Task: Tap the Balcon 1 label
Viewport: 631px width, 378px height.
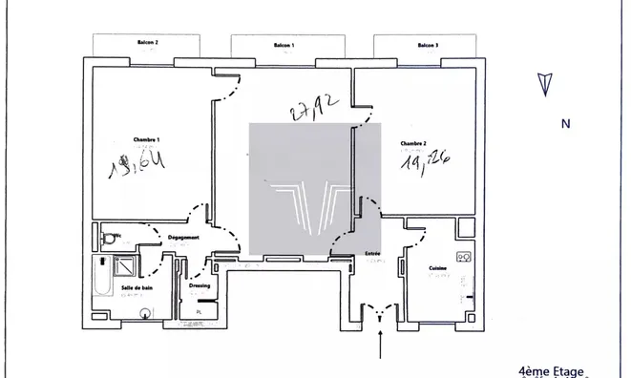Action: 284,45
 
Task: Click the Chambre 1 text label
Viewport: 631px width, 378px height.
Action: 145,140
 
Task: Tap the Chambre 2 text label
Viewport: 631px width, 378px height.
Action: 413,143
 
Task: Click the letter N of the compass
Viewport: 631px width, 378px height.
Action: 565,123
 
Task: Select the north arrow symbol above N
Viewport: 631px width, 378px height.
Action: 546,83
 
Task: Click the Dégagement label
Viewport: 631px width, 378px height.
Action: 183,237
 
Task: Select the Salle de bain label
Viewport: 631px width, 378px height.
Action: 137,287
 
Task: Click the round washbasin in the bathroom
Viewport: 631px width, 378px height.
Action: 145,311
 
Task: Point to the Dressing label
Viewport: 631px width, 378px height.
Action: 200,284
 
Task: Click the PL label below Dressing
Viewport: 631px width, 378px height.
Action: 200,311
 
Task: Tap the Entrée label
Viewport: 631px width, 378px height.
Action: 372,253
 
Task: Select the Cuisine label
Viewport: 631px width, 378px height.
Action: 438,268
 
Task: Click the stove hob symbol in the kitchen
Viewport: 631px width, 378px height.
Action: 464,257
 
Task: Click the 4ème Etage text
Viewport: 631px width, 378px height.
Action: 555,370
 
